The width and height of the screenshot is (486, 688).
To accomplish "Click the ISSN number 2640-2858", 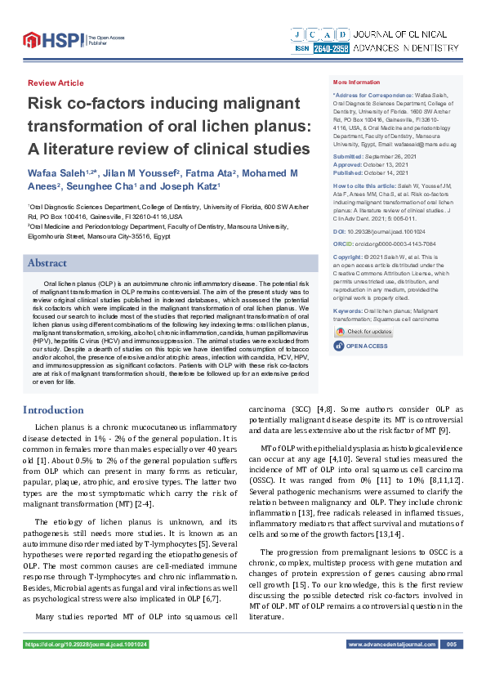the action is click(x=330, y=48).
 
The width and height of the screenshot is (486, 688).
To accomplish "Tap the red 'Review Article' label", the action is click(x=56, y=83).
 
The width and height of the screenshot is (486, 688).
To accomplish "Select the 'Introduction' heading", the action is click(x=53, y=409).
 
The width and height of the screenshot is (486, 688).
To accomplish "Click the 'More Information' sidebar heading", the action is click(x=356, y=83).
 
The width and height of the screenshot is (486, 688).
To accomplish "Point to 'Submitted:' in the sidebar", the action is click(x=348, y=156).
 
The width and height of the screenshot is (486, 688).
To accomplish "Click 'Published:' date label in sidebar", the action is click(x=348, y=173).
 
